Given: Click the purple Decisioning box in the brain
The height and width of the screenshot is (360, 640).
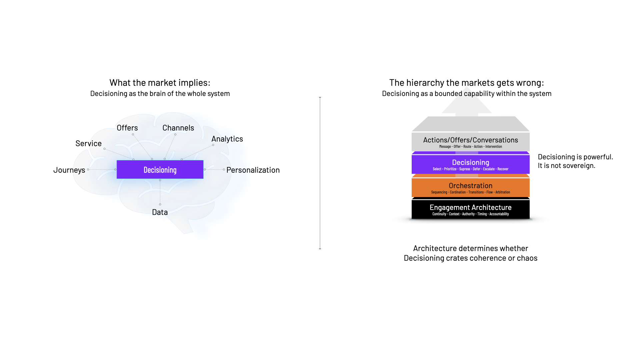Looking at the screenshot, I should coord(160,170).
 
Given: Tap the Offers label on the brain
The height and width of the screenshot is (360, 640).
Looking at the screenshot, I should coord(127,128).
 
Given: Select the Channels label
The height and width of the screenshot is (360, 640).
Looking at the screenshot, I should coord(178,128).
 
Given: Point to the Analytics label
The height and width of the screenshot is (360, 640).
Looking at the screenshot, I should coord(227,139).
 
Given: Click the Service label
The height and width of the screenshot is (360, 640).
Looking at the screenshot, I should coord(88,144).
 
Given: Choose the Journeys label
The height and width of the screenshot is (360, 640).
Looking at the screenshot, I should coord(69,170).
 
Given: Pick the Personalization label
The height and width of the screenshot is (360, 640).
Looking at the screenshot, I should coord(253,170).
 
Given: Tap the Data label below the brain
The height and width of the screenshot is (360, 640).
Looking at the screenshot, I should coord(160,212).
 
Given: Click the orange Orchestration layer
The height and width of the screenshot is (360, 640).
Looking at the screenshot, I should coord(470,188).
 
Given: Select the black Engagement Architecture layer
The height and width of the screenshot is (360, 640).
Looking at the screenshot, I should coord(470,209).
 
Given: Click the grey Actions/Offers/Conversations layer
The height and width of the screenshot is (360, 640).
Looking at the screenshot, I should coord(470,142).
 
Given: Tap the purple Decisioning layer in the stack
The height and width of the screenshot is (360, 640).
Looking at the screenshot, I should coord(470,164).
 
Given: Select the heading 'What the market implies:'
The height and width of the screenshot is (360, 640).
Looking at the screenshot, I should coord(160,83).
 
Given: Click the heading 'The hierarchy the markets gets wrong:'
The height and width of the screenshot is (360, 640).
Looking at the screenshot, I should coord(466,83).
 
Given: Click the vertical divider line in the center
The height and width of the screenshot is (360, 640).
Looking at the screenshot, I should coord(320,173).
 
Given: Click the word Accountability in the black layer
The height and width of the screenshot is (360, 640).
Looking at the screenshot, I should coord(499,214).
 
